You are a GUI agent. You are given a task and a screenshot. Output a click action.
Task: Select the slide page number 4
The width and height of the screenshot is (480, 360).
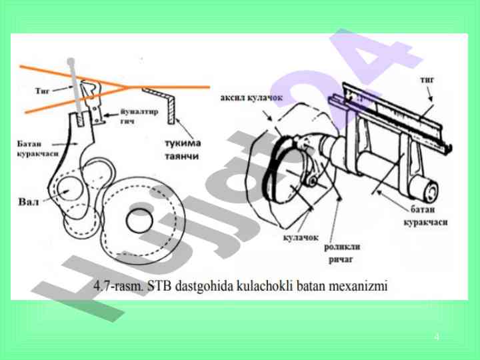(x=437, y=336)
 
